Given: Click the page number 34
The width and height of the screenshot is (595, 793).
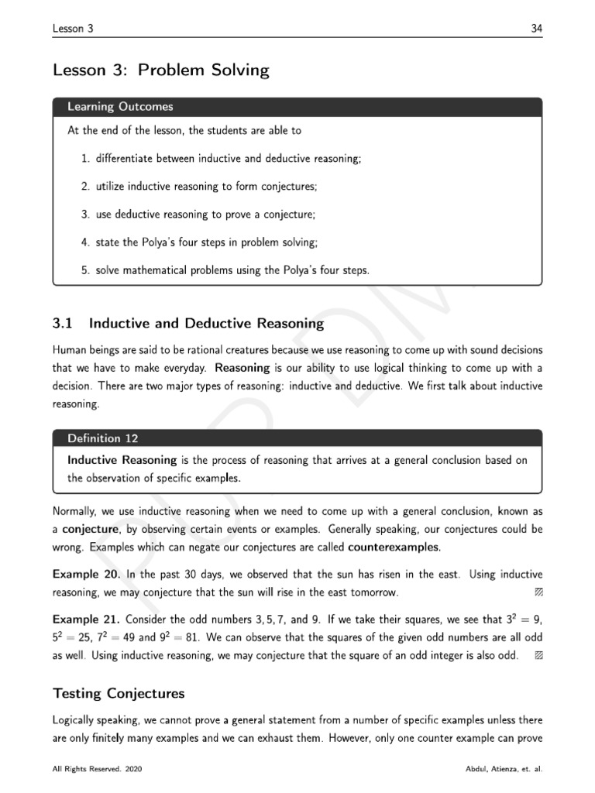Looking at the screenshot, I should click(536, 29).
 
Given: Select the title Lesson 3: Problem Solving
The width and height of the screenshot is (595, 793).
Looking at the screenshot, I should click(160, 70).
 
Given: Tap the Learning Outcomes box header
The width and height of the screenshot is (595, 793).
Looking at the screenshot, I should click(120, 107).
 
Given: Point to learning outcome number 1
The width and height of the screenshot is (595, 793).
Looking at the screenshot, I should click(221, 159).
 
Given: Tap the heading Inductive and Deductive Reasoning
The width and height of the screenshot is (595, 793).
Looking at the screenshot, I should click(206, 323).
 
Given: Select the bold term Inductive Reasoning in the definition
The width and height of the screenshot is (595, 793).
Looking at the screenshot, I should click(122, 460).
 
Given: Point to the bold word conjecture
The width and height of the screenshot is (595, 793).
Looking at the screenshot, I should click(88, 530).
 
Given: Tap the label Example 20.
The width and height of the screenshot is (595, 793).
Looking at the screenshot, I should click(85, 575).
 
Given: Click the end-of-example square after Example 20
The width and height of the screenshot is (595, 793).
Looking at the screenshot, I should click(538, 593).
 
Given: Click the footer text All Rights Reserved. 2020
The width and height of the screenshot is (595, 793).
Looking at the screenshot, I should click(97, 771).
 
